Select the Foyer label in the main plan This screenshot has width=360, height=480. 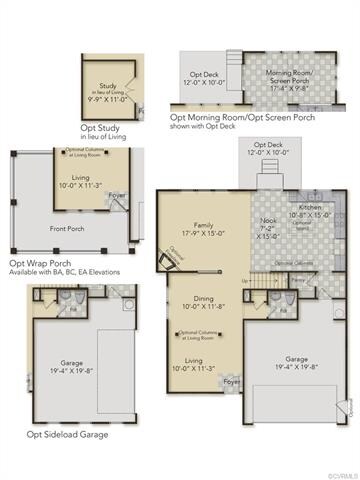point(232,382)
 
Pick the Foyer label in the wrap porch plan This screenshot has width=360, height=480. point(118,195)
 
